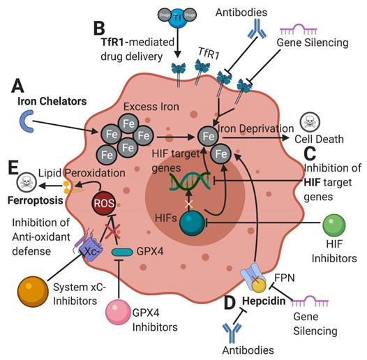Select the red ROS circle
pos(103,204)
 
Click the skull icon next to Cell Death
pos(310,123)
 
